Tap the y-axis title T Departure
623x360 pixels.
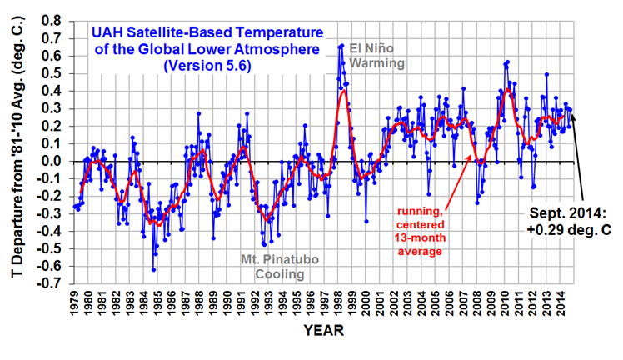pyautogui.click(x=15, y=151)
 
